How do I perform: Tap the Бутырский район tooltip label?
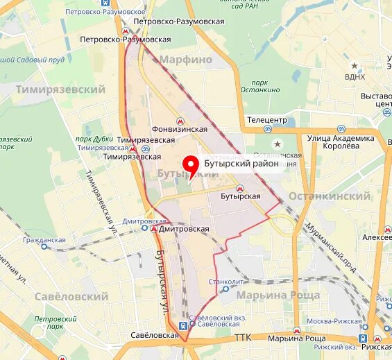click(x=241, y=164)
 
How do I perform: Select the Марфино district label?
click(x=186, y=60)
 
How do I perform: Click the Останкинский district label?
click(x=329, y=196)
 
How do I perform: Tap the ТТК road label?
click(x=243, y=338)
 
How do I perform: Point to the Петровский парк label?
click(x=49, y=322)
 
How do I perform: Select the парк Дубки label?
click(x=94, y=138)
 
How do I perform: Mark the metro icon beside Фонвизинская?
click(x=180, y=119)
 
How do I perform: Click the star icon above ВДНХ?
click(x=355, y=66)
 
